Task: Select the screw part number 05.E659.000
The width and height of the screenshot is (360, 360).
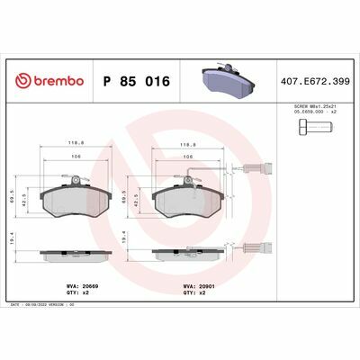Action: tap(311, 113)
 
